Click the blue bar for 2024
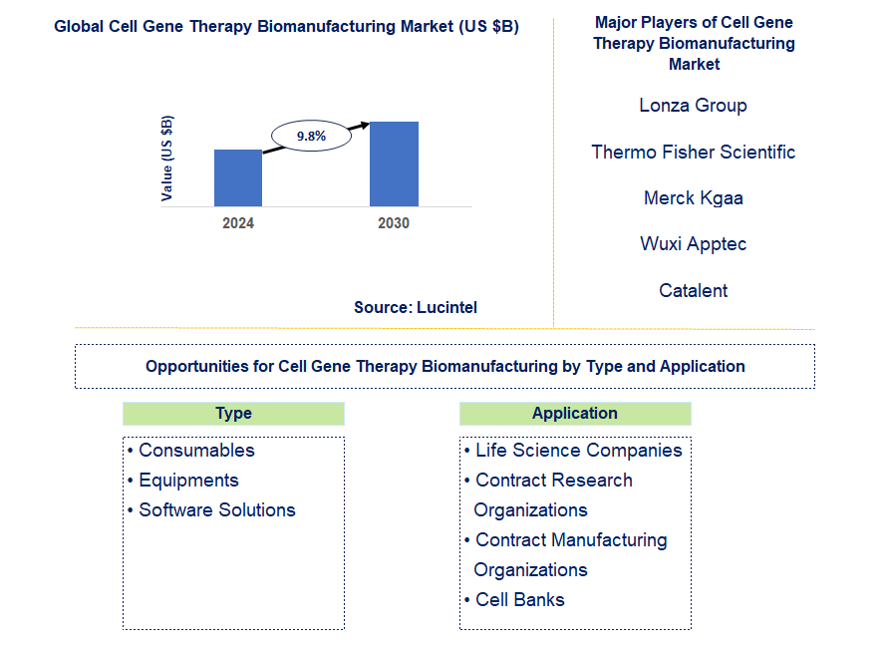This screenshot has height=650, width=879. pos(238,177)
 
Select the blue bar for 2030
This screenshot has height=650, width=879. pos(394,163)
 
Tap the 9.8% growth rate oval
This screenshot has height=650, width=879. pos(311,136)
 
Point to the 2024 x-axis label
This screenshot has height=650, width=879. pos(238,223)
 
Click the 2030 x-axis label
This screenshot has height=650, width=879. pos(394,223)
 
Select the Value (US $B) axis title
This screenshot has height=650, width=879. pos(166,159)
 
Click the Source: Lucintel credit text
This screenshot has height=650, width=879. pos(416,307)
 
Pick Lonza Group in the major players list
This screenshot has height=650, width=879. pos(693,106)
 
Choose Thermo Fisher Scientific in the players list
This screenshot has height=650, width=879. pos(694,152)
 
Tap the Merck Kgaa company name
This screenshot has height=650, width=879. pos(694,198)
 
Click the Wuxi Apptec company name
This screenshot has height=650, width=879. pos(694,244)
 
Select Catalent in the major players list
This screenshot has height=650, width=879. pos(693,290)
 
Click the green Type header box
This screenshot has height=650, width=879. pos(233,414)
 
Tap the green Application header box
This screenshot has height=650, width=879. pos(575,414)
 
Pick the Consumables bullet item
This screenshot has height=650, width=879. pos(190,451)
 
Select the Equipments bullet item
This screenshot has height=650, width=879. pos(182,481)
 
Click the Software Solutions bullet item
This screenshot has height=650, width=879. pos(211,510)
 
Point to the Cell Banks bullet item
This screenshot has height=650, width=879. pos(514,600)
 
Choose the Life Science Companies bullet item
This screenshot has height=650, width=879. pos(573,451)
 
